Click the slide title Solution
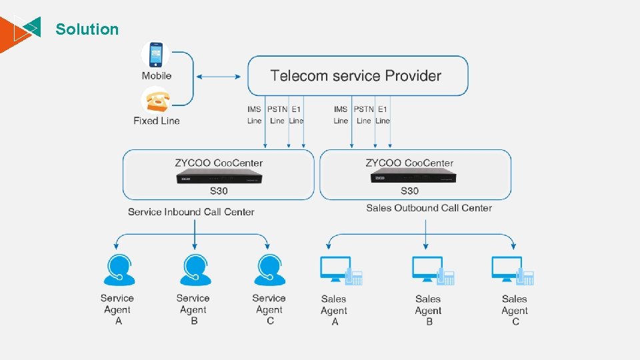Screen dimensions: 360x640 (x=87, y=29)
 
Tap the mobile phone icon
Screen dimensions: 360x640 (x=156, y=55)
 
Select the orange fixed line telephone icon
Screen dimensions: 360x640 (x=157, y=100)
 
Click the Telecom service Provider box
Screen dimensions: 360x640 (x=357, y=75)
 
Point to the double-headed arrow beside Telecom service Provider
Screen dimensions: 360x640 (x=218, y=77)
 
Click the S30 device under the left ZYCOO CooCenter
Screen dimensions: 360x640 (x=218, y=179)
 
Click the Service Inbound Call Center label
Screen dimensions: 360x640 (x=191, y=212)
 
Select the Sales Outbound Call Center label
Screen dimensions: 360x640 (x=429, y=208)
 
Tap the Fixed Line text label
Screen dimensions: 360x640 (x=157, y=121)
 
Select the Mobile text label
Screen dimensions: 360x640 (x=157, y=76)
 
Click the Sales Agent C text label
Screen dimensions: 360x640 (x=515, y=310)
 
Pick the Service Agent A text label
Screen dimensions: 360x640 (x=118, y=309)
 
